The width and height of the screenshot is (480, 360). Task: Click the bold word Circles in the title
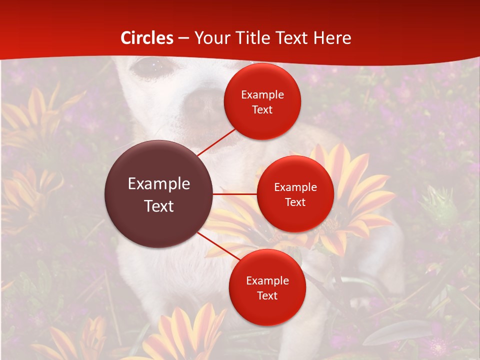pos(147,38)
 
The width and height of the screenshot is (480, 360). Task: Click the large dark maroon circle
pos(159,194)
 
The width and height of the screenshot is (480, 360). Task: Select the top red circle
pos(262,101)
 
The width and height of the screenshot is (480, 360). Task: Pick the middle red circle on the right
pos(295,194)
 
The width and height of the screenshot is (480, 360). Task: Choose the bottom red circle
pos(267,287)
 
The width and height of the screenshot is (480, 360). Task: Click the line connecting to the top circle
pos(216,142)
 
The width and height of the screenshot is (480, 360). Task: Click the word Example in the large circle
pos(159,184)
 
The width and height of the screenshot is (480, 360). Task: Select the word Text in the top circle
pos(262,109)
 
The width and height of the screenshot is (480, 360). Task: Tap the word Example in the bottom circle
pos(267,280)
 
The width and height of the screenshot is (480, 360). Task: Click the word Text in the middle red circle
pos(295,202)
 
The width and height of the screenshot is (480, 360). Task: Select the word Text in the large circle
pos(159,206)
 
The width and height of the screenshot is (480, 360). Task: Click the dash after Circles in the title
pos(183,38)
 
